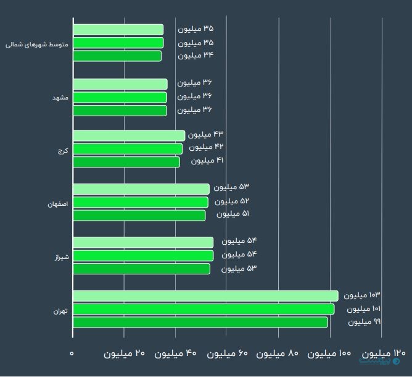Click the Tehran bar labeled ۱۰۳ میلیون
pyautogui.click(x=205, y=295)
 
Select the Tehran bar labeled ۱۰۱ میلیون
pyautogui.click(x=204, y=309)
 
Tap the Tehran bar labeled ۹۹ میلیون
pyautogui.click(x=200, y=322)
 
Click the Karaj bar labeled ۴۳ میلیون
pyautogui.click(x=129, y=135)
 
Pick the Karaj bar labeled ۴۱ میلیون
pyautogui.click(x=126, y=162)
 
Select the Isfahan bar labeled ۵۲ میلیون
pyautogui.click(x=141, y=202)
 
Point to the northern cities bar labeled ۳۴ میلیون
pyautogui.click(x=117, y=56)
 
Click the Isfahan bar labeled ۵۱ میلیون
pyautogui.click(x=139, y=215)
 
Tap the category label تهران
pyautogui.click(x=62, y=310)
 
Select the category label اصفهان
pyautogui.click(x=59, y=203)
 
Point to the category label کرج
pyautogui.click(x=63, y=150)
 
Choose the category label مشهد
pyautogui.click(x=61, y=98)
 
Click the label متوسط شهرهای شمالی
pyautogui.click(x=37, y=44)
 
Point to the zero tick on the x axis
pyautogui.click(x=72, y=353)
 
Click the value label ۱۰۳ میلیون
pyautogui.click(x=362, y=295)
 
